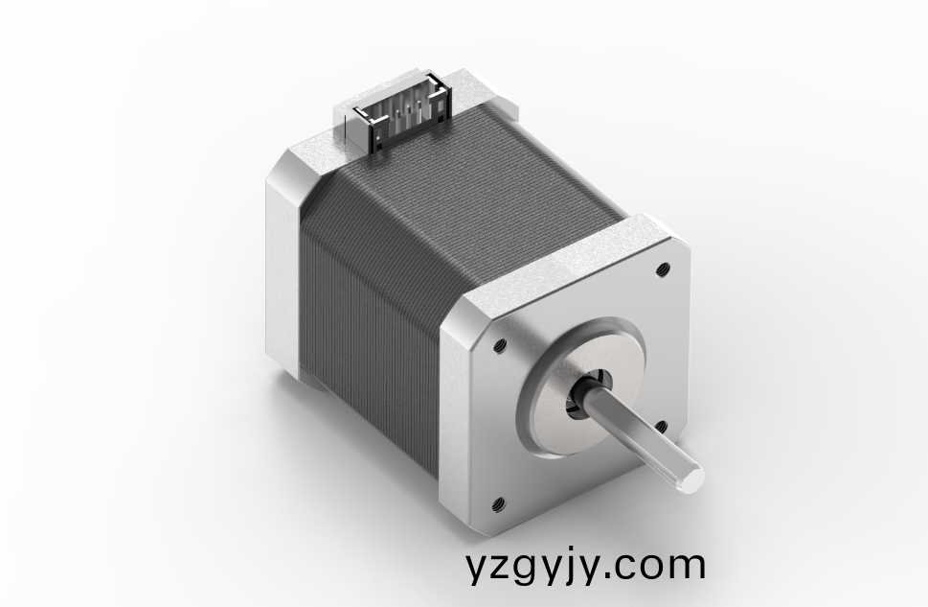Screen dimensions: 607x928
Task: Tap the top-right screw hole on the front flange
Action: click(662, 270)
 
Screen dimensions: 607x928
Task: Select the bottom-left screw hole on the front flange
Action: click(498, 502)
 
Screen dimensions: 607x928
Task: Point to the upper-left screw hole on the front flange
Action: click(498, 341)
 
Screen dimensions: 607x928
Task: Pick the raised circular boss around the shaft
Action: click(575, 384)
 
